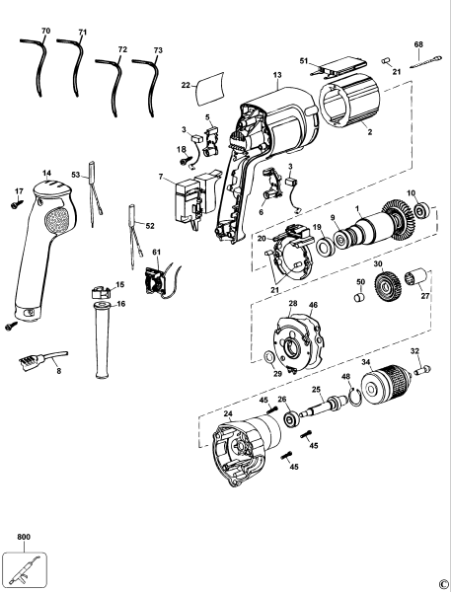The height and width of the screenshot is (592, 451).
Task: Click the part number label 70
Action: (45, 33)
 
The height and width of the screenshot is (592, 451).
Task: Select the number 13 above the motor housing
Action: (277, 76)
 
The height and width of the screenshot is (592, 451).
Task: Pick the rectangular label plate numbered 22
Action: (209, 91)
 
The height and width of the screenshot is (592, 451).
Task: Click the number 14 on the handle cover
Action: (45, 174)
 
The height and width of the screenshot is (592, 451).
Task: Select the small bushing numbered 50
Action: (359, 295)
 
